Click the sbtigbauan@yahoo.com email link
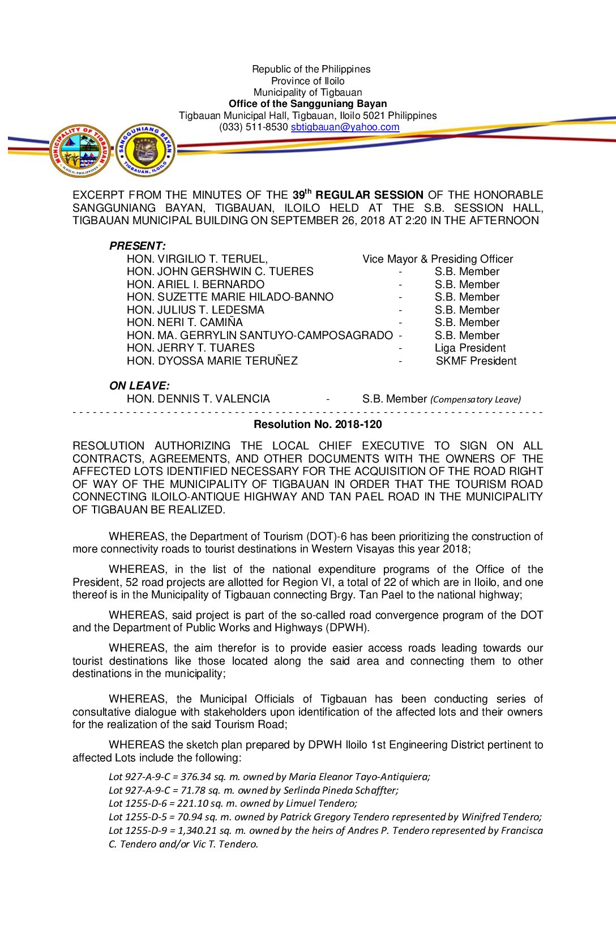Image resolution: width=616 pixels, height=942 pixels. (345, 127)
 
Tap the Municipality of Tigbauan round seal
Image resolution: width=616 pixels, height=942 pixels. (80, 151)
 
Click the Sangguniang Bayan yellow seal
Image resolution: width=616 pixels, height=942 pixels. (146, 151)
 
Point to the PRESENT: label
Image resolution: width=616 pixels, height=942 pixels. (138, 246)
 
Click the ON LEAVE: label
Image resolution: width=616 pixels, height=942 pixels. (139, 386)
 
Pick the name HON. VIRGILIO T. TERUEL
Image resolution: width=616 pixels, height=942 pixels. (197, 259)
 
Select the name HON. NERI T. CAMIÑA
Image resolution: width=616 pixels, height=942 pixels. (185, 323)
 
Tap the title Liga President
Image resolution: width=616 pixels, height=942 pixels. (470, 348)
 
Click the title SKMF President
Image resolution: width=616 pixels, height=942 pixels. (476, 361)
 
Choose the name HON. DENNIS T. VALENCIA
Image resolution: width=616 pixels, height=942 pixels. (198, 399)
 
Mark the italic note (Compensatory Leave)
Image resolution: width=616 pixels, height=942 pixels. (475, 400)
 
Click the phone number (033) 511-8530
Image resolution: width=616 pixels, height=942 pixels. (254, 127)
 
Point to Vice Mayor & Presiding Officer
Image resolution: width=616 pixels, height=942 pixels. (438, 259)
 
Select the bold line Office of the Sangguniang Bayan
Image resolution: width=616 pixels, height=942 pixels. (307, 104)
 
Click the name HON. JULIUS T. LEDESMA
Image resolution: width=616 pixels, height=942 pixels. (195, 310)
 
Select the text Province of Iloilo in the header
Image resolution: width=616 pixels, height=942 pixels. (307, 81)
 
